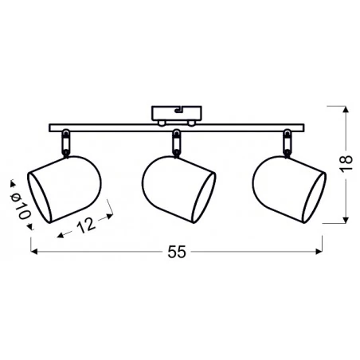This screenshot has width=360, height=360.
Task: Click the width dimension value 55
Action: click(x=177, y=252)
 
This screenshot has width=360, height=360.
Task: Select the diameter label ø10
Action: click(x=21, y=204)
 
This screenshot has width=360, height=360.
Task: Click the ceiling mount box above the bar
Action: click(x=178, y=114)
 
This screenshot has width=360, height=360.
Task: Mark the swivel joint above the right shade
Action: click(x=285, y=143)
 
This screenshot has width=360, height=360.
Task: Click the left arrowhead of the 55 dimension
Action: click(x=33, y=252)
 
